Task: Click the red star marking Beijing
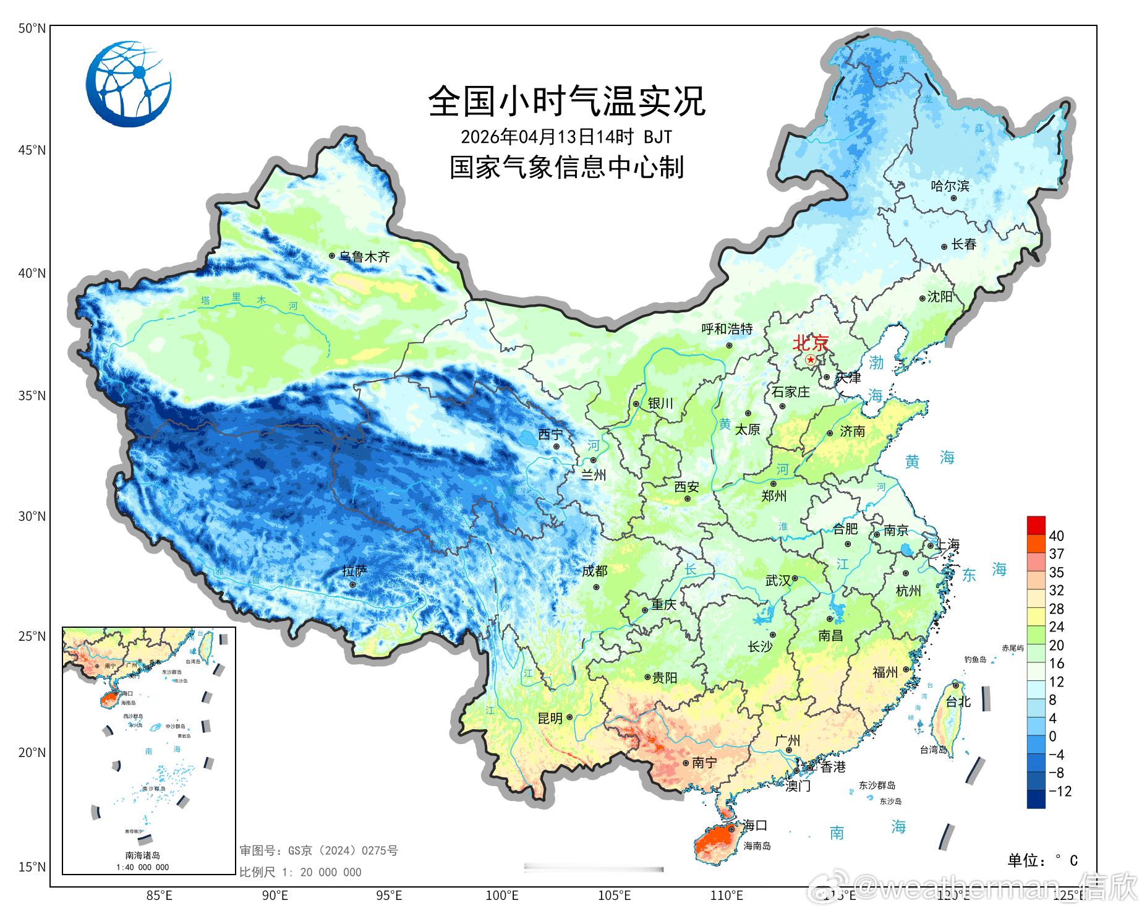pyautogui.click(x=811, y=359)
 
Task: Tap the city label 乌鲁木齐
pyautogui.click(x=364, y=257)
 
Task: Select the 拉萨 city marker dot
pyautogui.click(x=352, y=584)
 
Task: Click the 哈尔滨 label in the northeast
pyautogui.click(x=950, y=186)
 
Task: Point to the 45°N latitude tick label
pyautogui.click(x=32, y=150)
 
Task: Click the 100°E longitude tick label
pyautogui.click(x=501, y=895)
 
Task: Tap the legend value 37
pyautogui.click(x=1056, y=554)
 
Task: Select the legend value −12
pyautogui.click(x=1060, y=791)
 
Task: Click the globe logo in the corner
pyautogui.click(x=129, y=84)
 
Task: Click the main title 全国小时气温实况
pyautogui.click(x=566, y=101)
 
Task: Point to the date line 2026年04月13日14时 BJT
pyautogui.click(x=566, y=135)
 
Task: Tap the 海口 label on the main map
pyautogui.click(x=754, y=825)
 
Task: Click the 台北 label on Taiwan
pyautogui.click(x=958, y=701)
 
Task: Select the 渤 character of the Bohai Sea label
pyautogui.click(x=876, y=363)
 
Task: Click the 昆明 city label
pyautogui.click(x=550, y=718)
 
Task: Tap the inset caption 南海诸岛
pyautogui.click(x=142, y=855)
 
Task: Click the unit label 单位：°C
pyautogui.click(x=1043, y=860)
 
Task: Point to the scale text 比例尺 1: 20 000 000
pyautogui.click(x=301, y=872)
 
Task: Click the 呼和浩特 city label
pyautogui.click(x=727, y=329)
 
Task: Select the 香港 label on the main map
pyautogui.click(x=832, y=767)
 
